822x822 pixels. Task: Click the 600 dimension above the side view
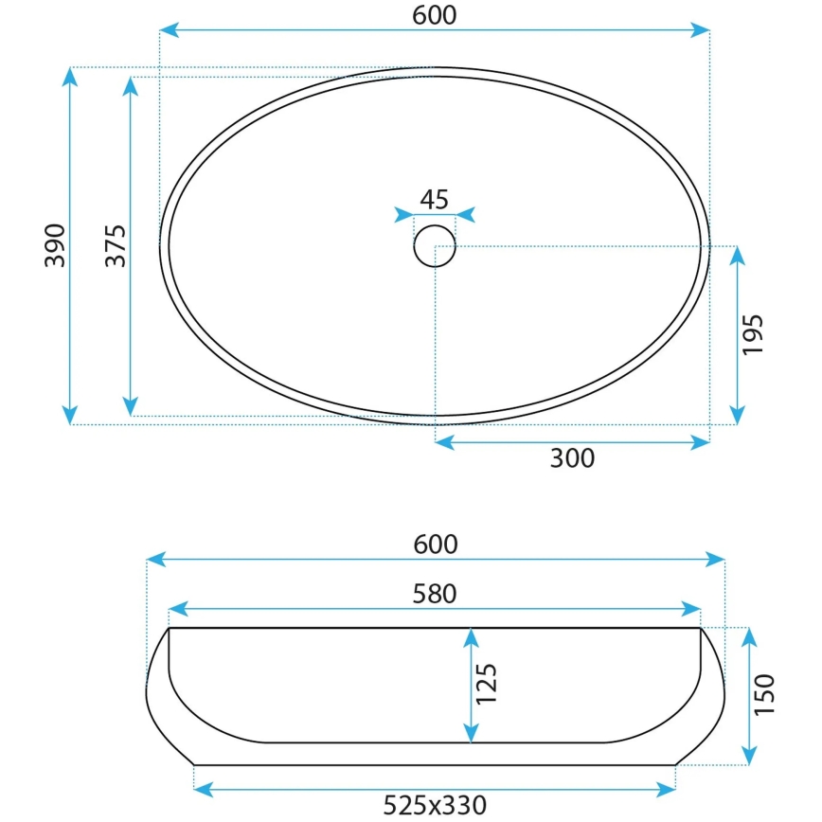point(435,544)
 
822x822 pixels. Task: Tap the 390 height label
point(56,245)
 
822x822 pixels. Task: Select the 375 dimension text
point(115,245)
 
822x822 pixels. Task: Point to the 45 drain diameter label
point(434,199)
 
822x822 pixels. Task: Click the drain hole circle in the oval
point(435,245)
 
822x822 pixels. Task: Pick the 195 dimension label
point(753,333)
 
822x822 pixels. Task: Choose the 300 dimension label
point(572,458)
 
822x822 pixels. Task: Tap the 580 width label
point(435,594)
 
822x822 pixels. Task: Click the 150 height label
point(765,694)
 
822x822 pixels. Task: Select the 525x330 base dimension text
point(435,806)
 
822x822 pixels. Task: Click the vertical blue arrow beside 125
point(470,686)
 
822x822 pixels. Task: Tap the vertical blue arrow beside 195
point(736,333)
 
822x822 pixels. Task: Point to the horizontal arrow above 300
point(572,441)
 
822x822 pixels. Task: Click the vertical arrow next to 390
point(70,245)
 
